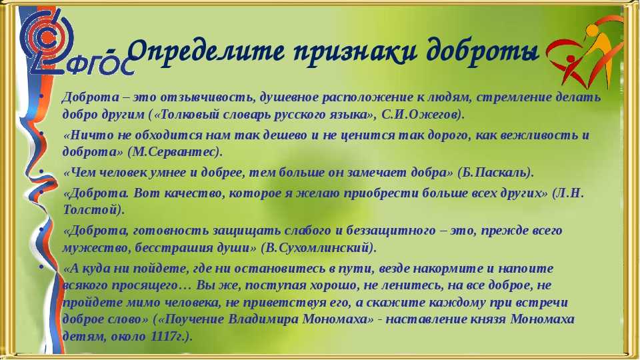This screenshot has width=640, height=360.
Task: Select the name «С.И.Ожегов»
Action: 421,115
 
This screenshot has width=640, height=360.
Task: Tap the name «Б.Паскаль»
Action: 494,173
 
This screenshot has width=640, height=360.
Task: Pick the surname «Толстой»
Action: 90,210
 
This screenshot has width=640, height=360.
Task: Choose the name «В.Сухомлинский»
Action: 317,248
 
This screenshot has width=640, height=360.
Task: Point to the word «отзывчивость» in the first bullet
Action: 208,97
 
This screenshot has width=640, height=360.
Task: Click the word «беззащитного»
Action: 391,231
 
